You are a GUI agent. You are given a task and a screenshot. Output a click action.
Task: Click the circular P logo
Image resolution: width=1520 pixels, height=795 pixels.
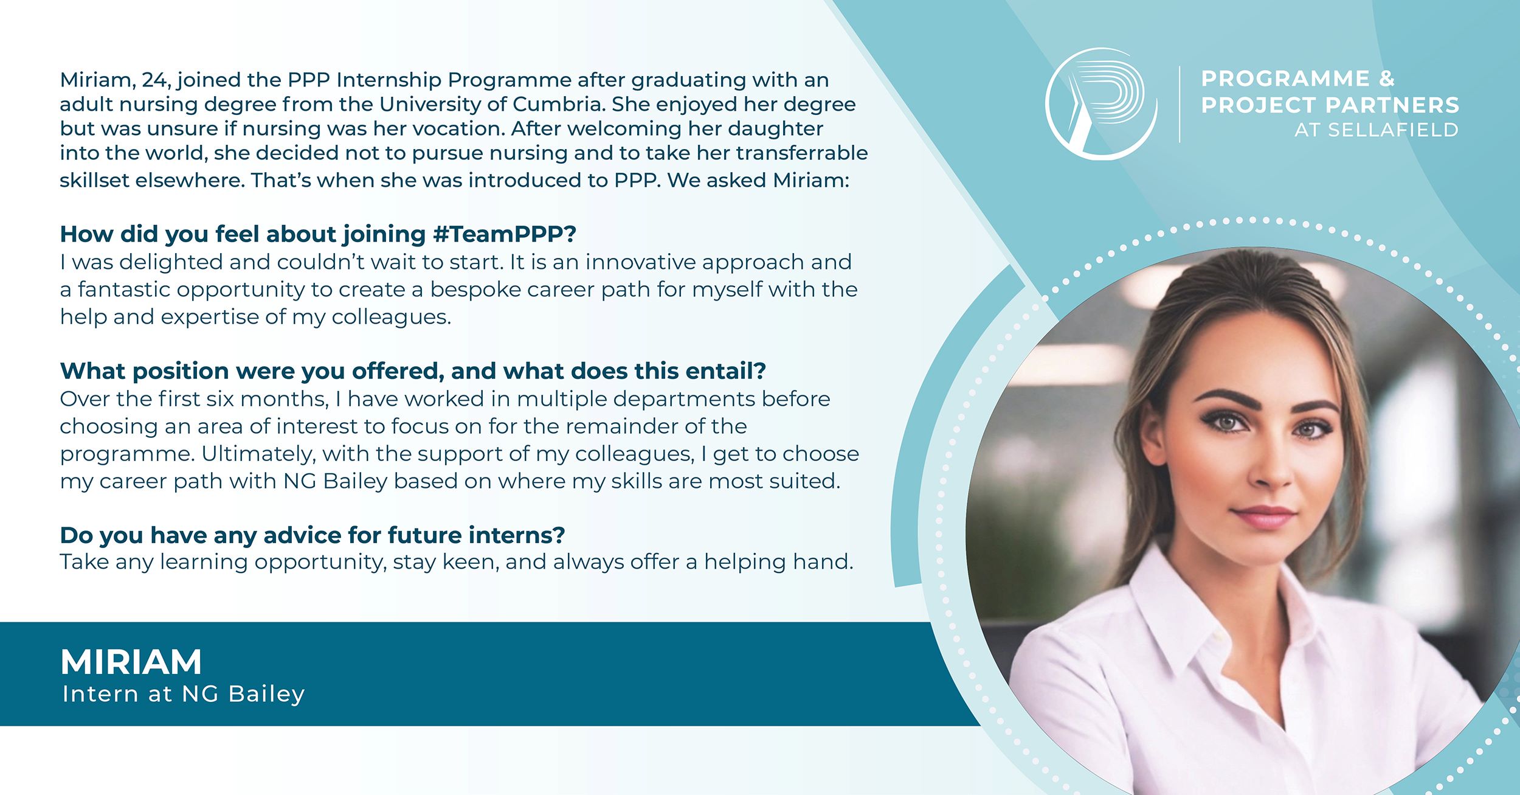[x=1100, y=103]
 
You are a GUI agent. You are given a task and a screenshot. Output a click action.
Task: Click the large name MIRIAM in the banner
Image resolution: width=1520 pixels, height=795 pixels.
[x=131, y=662]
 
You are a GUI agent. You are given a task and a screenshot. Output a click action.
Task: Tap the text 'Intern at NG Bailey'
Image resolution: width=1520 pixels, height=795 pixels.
[x=184, y=694]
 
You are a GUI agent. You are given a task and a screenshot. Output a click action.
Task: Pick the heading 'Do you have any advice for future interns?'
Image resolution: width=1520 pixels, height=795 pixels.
[x=313, y=535]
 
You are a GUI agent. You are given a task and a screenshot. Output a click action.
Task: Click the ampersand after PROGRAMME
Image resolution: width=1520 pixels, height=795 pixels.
[x=1386, y=78]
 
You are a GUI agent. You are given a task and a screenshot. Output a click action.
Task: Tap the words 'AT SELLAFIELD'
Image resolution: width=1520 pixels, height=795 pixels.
[x=1377, y=130]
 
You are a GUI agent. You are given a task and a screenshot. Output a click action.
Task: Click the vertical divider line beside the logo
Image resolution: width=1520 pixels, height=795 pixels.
[x=1180, y=104]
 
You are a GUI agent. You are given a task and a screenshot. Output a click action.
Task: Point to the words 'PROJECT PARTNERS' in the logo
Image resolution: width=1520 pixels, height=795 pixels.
[x=1330, y=105]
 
